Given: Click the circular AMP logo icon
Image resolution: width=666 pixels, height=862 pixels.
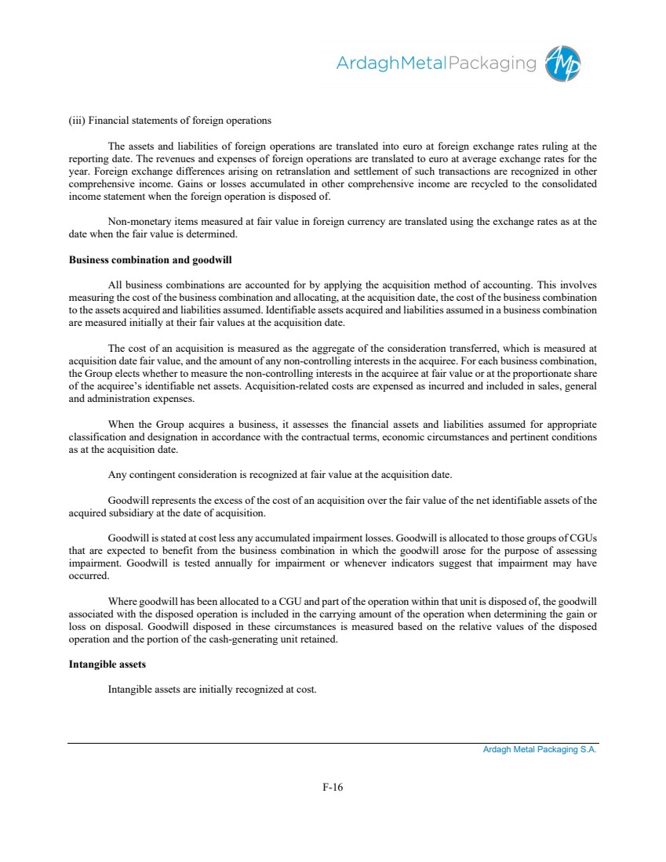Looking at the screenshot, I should tap(563, 63).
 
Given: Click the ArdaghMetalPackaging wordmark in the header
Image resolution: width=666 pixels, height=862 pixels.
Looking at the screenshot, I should tap(435, 63).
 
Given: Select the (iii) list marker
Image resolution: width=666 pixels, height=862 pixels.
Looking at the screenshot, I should tap(77, 121).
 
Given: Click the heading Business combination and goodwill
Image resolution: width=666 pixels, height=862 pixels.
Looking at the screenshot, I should tap(150, 259).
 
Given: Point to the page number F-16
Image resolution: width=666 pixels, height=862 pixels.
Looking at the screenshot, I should tap(333, 788).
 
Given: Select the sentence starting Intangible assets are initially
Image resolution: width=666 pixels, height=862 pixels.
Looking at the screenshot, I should tap(212, 690).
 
